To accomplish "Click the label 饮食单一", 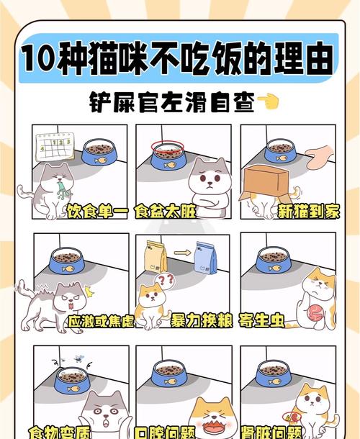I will coord(96,212).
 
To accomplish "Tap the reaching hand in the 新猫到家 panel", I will coord(320,155).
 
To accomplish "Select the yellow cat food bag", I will coord(156,256).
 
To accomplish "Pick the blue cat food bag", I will coord(205,258).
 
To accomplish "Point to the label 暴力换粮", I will coord(201,321).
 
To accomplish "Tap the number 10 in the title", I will coord(37,58).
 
